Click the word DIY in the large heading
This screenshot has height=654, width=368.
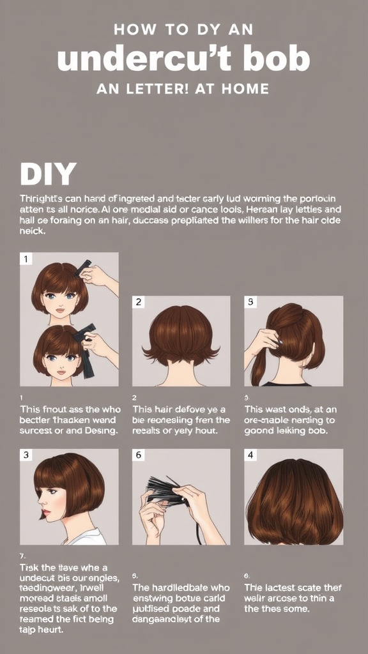pyautogui.click(x=49, y=174)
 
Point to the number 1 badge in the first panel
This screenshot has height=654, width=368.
pyautogui.click(x=27, y=259)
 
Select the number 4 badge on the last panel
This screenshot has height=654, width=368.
pyautogui.click(x=251, y=455)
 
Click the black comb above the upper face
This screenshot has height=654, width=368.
pyautogui.click(x=83, y=268)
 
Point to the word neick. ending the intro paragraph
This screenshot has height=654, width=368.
pyautogui.click(x=33, y=231)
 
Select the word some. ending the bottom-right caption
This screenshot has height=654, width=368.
pyautogui.click(x=297, y=609)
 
